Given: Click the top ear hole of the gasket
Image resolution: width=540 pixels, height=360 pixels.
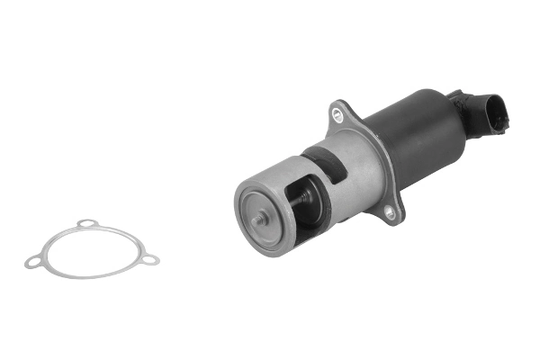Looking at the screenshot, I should coord(85,223).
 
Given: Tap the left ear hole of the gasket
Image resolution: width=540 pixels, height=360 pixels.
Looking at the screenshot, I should coord(32,264).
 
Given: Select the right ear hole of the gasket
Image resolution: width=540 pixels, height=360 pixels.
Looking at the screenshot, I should coord(150,260).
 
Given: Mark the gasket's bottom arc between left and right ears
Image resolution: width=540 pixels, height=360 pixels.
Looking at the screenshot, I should coord(90,275).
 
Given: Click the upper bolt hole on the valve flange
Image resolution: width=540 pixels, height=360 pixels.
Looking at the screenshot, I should coord(337,114).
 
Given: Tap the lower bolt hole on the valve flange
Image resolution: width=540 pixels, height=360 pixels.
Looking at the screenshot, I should coord(389,213).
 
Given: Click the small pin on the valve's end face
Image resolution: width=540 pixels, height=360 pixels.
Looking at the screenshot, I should coord(259,219).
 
